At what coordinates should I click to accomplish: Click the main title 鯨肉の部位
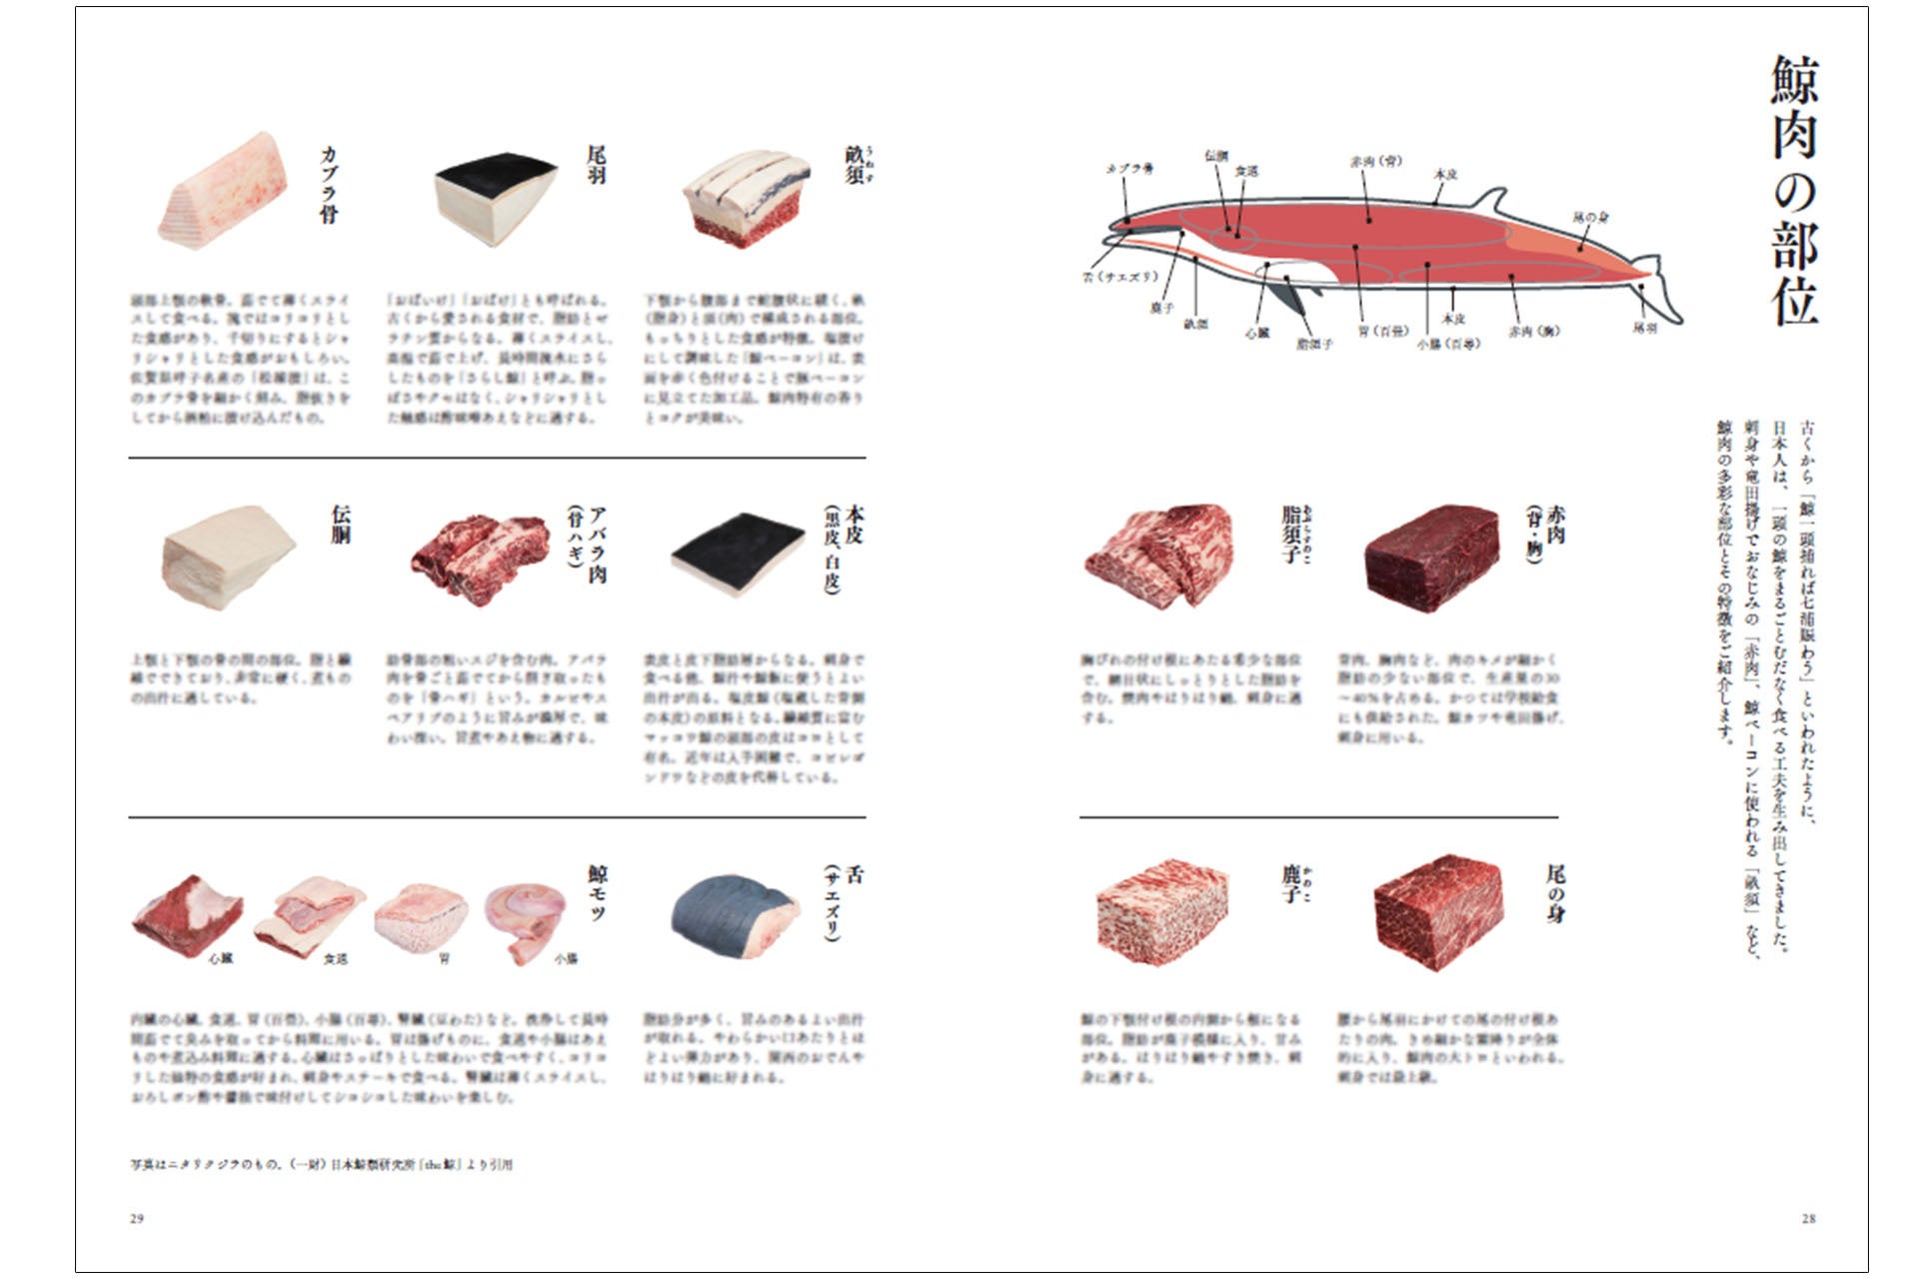coord(1795,190)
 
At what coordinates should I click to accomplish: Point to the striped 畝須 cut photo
coord(748,200)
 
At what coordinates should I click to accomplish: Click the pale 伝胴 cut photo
coord(229,556)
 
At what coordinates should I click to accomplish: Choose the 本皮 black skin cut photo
coord(738,554)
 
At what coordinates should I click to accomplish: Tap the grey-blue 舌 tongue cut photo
coord(736,915)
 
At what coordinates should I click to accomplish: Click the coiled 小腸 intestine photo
coord(526,919)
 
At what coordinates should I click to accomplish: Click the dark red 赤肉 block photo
coord(1432,556)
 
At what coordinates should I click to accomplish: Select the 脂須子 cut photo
coord(1159,556)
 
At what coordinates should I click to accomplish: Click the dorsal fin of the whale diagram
coord(1490,200)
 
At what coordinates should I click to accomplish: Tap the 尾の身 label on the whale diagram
coord(1590,217)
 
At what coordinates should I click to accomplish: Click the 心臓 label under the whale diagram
coord(1256,333)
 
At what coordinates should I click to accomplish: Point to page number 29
coord(137,1218)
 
